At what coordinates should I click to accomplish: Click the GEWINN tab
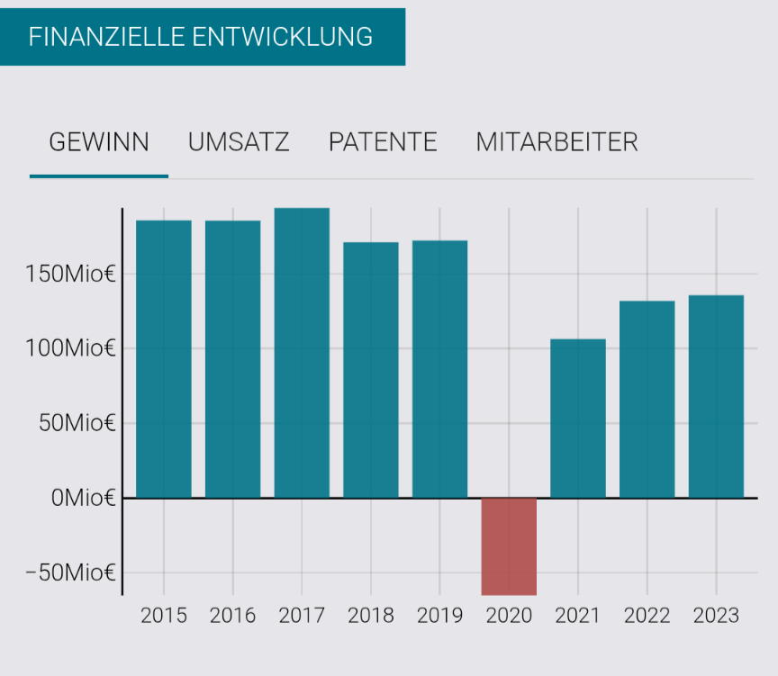[x=99, y=142]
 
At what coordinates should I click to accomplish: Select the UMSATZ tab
[x=239, y=142]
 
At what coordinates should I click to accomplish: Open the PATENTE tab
[x=383, y=142]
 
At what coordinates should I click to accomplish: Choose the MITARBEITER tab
[x=556, y=142]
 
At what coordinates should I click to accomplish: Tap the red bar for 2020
[x=509, y=545]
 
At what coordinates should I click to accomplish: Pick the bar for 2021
[x=578, y=419]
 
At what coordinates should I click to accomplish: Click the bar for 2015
[x=164, y=359]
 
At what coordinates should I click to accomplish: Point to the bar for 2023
[x=716, y=396]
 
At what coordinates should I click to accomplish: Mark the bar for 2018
[x=371, y=370]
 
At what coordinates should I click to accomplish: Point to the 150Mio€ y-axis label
[x=70, y=274]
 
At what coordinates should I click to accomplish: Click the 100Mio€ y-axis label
[x=70, y=348]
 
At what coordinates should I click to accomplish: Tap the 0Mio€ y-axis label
[x=83, y=498]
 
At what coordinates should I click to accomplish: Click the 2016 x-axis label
[x=232, y=616]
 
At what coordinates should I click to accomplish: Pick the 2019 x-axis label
[x=439, y=616]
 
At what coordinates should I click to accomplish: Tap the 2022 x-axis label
[x=647, y=616]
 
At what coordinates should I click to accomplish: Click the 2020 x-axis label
[x=509, y=616]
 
